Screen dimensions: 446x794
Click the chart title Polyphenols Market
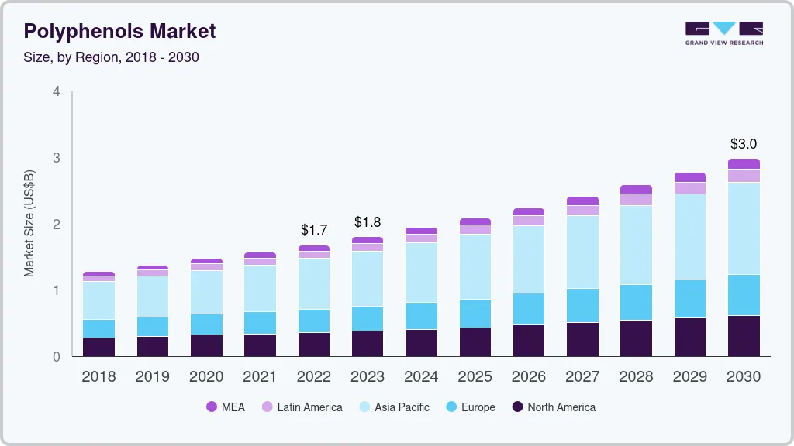[x=119, y=31]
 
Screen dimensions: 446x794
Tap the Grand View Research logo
[x=723, y=33]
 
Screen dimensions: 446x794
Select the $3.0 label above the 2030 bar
[x=744, y=144]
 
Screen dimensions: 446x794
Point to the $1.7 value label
[x=314, y=230]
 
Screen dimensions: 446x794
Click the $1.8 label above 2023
[x=368, y=222]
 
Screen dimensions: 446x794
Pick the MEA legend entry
[x=225, y=407]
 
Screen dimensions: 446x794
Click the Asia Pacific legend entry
[x=393, y=407]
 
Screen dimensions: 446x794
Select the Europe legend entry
[x=469, y=407]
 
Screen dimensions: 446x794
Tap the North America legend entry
[x=553, y=407]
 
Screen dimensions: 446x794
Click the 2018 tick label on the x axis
[x=98, y=377]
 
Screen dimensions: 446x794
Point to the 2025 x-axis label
[x=475, y=377]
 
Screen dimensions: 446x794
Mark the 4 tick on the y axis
[x=56, y=91]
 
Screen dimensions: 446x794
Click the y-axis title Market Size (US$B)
[x=29, y=223]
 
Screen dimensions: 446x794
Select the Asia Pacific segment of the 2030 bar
[x=744, y=228]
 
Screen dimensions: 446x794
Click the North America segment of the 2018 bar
[x=98, y=348]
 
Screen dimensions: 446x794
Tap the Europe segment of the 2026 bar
[x=529, y=309]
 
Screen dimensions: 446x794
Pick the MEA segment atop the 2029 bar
[x=690, y=177]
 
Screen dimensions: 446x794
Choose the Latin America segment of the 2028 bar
[x=637, y=200]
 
